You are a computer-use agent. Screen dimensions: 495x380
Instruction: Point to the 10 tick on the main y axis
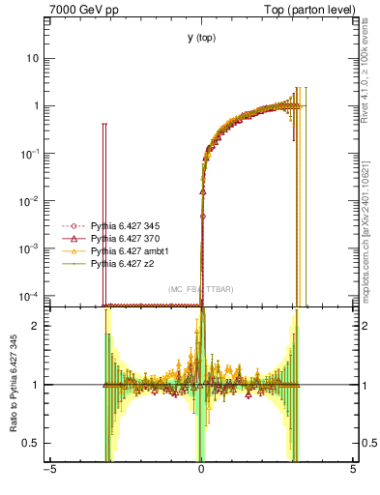click(x=33, y=58)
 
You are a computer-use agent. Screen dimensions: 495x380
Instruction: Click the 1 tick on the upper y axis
click(x=36, y=105)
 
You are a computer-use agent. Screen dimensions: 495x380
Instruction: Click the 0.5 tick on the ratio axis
click(x=32, y=444)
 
